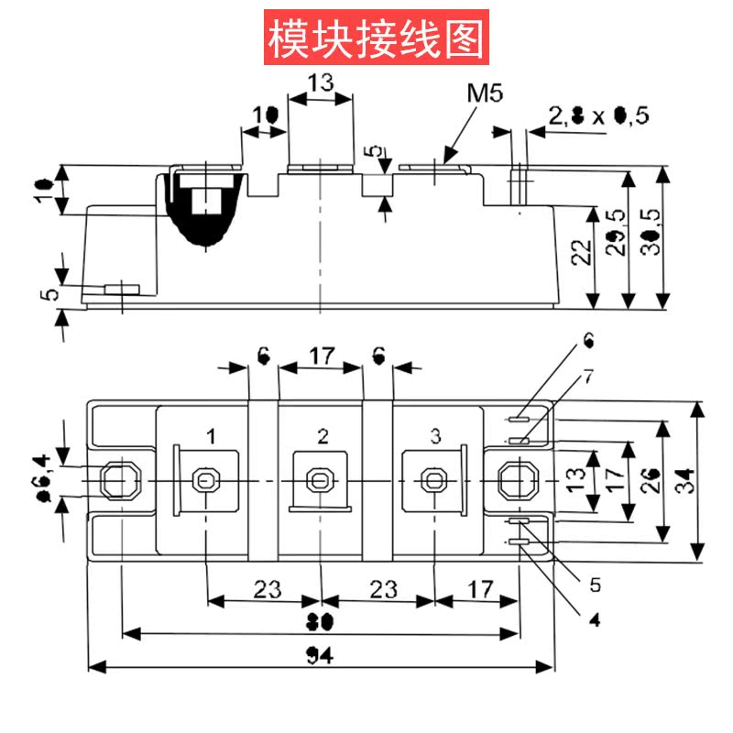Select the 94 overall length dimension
[321, 657]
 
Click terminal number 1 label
[211, 435]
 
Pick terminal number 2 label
[322, 435]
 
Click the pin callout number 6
[588, 344]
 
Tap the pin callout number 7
[588, 377]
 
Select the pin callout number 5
[594, 584]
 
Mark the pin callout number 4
[594, 620]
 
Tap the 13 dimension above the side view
[320, 82]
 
